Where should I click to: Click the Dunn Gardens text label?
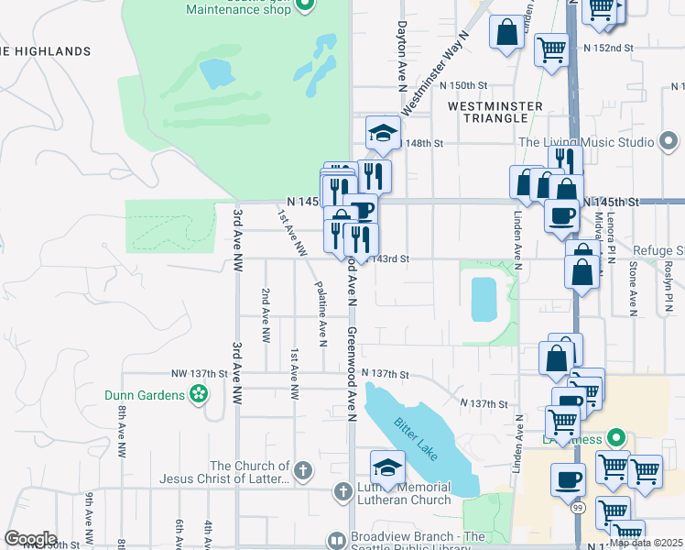coord(144,395)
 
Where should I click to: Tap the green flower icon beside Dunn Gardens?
coord(198,395)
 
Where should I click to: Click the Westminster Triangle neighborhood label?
coord(495,113)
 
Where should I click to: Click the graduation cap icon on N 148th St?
coord(383,134)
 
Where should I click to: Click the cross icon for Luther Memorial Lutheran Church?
coord(342,492)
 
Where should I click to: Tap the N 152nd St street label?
coord(609,47)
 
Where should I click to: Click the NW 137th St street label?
coord(197,373)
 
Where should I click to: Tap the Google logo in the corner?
coord(30,539)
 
